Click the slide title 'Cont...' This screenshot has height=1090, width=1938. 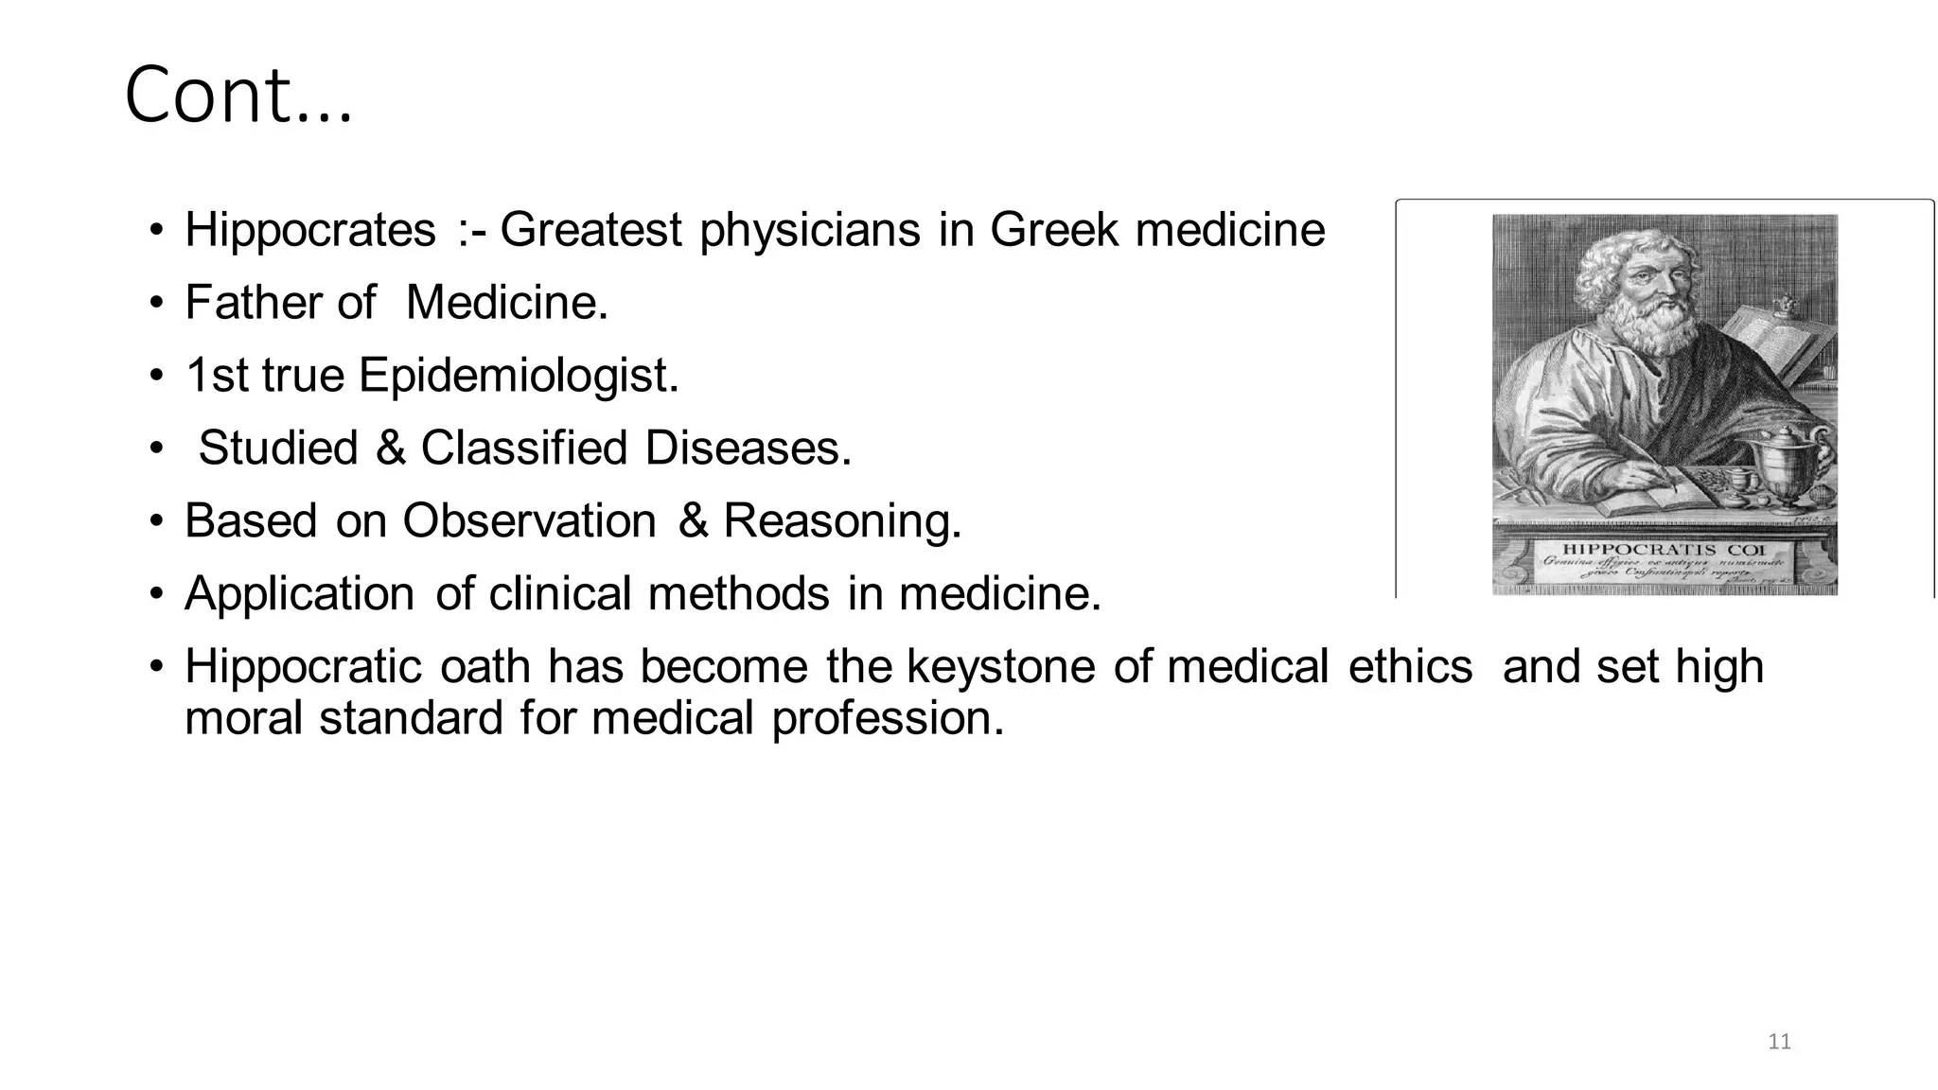click(x=238, y=95)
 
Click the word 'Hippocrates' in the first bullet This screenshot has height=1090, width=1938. click(x=310, y=230)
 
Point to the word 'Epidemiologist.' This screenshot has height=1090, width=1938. click(x=519, y=376)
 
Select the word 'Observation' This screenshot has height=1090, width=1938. click(x=529, y=520)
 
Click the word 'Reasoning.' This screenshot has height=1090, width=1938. click(x=842, y=520)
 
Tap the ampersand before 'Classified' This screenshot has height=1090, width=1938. click(x=390, y=448)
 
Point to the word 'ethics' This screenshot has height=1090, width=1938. click(x=1410, y=666)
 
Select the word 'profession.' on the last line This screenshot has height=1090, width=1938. click(x=887, y=717)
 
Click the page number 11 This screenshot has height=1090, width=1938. click(x=1779, y=1042)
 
